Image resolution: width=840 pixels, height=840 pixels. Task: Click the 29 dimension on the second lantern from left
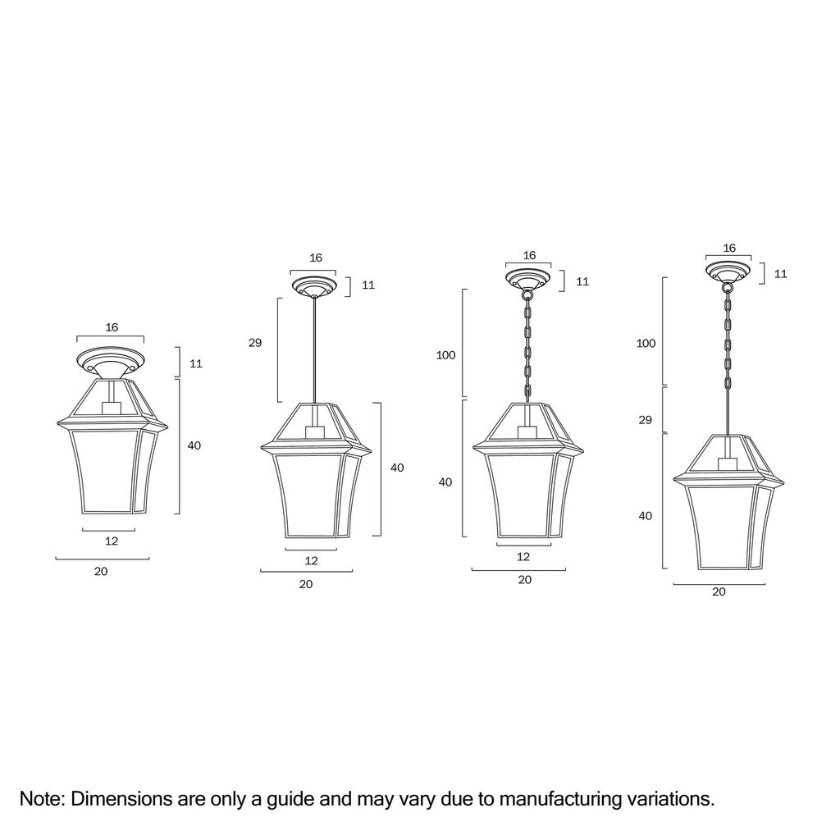click(255, 343)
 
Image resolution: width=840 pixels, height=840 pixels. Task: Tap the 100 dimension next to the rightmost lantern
click(646, 344)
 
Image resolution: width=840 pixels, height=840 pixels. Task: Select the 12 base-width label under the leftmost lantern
click(112, 541)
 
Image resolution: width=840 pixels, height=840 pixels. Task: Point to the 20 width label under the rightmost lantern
click(719, 591)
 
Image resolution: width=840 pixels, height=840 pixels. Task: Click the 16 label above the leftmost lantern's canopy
click(112, 327)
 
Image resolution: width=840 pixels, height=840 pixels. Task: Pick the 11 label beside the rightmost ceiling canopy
click(781, 274)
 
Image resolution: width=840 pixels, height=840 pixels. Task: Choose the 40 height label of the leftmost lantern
click(194, 445)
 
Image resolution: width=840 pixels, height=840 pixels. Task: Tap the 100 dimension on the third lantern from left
click(445, 355)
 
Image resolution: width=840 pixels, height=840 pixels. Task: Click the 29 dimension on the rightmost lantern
click(645, 420)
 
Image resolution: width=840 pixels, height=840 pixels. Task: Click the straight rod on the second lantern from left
click(314, 349)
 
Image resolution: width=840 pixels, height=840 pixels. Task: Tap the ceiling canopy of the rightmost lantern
click(728, 272)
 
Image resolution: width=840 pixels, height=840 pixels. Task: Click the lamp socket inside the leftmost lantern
click(111, 408)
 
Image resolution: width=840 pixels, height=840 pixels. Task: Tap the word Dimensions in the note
click(121, 799)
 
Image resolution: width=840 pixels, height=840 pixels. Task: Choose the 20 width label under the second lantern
click(306, 584)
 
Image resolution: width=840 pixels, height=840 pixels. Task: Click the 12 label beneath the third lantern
click(523, 557)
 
